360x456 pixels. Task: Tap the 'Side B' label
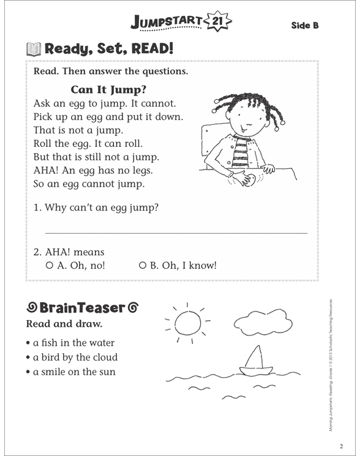point(305,26)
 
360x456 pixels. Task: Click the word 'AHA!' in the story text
point(47,171)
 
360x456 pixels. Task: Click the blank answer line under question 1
point(176,233)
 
